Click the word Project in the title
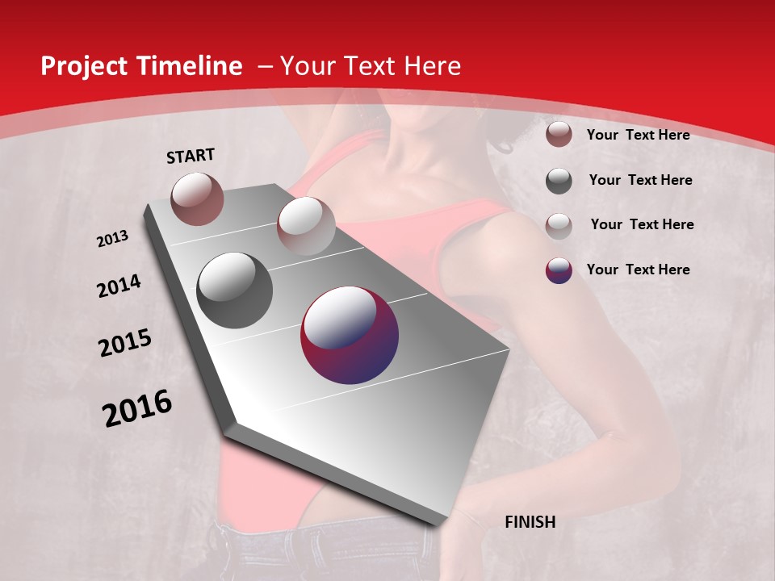pos(84,66)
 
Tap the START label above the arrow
pos(191,156)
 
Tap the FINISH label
pos(530,522)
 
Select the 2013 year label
pos(113,239)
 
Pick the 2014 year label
pos(119,286)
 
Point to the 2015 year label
pos(125,343)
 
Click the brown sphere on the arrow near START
pos(197,199)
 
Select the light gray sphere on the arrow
pos(306,226)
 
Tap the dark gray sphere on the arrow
pos(235,290)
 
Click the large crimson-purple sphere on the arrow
pos(350,335)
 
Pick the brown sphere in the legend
pos(559,135)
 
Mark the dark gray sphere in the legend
pos(559,181)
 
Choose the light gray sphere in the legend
pos(559,226)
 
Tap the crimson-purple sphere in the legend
pos(559,270)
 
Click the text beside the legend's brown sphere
pos(638,135)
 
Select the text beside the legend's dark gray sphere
pos(640,180)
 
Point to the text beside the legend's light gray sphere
pos(642,224)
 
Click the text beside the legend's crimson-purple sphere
pos(638,270)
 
